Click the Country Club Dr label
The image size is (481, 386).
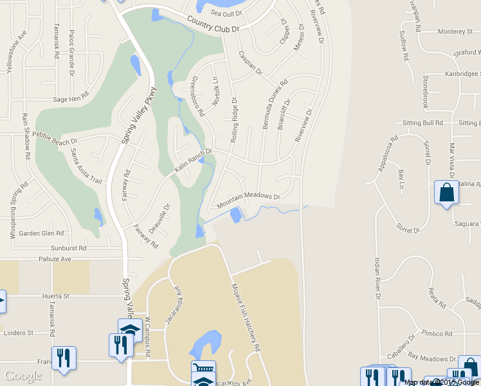pos(213,24)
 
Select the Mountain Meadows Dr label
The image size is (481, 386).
pos(249,201)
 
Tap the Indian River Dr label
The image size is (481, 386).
pos(377,279)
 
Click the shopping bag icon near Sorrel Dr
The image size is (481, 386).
pos(446,192)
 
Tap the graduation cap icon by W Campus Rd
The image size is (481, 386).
pos(130,329)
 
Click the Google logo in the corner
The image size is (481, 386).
pos(23,376)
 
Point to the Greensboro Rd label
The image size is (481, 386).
pos(197,96)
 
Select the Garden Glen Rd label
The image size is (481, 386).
pos(41,233)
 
